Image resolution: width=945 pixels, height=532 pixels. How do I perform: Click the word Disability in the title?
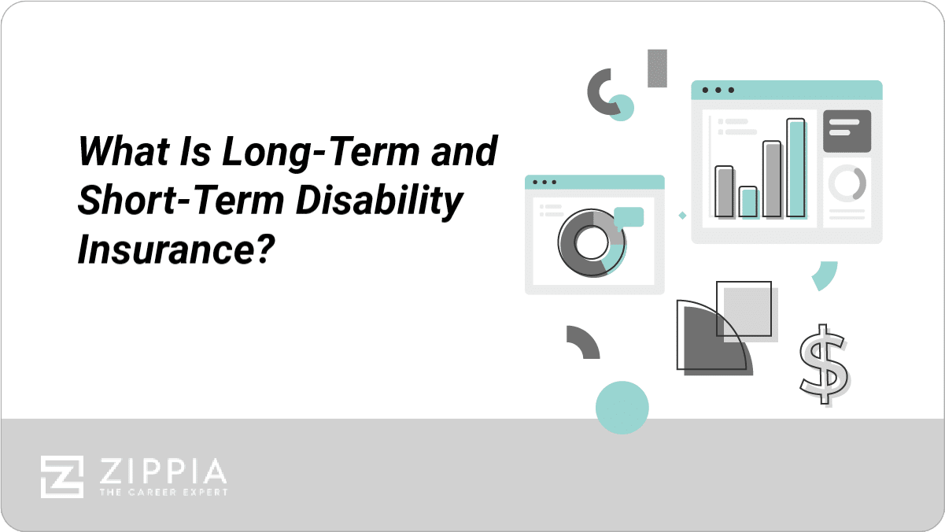(x=379, y=201)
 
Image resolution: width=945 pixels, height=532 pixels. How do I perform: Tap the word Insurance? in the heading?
(x=176, y=249)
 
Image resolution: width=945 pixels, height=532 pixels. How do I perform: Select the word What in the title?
(x=124, y=150)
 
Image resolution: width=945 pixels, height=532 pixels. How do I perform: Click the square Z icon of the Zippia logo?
(x=62, y=477)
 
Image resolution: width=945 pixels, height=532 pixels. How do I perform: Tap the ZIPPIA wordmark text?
(x=163, y=471)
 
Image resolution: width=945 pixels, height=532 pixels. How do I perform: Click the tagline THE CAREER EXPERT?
(x=164, y=492)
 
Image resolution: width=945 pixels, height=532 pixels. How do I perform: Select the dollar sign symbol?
(x=825, y=364)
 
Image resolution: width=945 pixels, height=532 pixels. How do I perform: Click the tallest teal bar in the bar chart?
(x=796, y=168)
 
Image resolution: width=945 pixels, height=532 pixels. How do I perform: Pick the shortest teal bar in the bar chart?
(x=749, y=202)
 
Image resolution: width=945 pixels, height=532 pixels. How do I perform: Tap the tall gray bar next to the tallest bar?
(x=772, y=179)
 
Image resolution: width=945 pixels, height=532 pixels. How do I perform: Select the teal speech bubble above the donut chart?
(x=629, y=217)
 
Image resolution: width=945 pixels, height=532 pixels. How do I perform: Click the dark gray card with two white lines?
(x=847, y=131)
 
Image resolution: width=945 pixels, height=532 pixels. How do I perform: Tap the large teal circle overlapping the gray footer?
(x=622, y=408)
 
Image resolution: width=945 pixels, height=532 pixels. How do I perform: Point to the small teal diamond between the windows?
(x=682, y=216)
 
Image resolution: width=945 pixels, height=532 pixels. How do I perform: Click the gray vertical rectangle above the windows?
(x=657, y=68)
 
